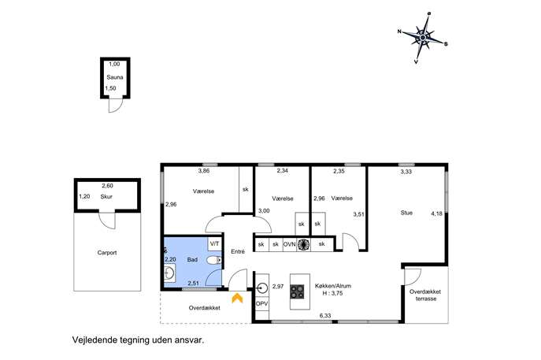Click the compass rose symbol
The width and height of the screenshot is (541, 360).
click(423, 38)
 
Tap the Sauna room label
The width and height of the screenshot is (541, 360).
click(115, 77)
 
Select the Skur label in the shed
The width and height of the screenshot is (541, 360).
click(106, 197)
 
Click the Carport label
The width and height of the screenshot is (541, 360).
click(107, 253)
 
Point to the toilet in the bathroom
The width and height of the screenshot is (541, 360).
click(214, 260)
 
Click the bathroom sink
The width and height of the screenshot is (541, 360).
click(169, 273)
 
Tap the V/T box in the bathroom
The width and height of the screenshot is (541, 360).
click(215, 244)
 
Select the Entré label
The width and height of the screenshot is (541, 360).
click(238, 251)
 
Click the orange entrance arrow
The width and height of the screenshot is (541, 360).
click(237, 298)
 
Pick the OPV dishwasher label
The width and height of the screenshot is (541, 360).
click(262, 304)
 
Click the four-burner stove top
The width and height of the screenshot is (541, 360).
click(297, 291)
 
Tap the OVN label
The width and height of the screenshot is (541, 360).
click(290, 244)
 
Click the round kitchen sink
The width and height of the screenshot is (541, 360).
click(262, 288)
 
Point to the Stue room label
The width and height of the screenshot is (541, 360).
click(406, 213)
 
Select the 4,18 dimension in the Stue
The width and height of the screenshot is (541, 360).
click(436, 213)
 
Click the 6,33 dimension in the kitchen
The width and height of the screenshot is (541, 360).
click(325, 315)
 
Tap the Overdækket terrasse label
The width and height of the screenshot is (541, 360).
click(425, 295)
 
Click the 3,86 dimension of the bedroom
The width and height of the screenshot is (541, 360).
click(204, 170)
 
